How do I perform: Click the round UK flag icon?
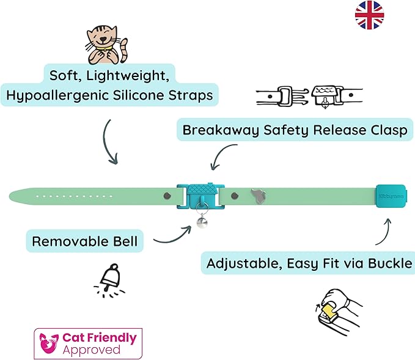point(369,15)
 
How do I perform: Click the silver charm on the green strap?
point(257,196)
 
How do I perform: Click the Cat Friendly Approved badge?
point(89,343)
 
